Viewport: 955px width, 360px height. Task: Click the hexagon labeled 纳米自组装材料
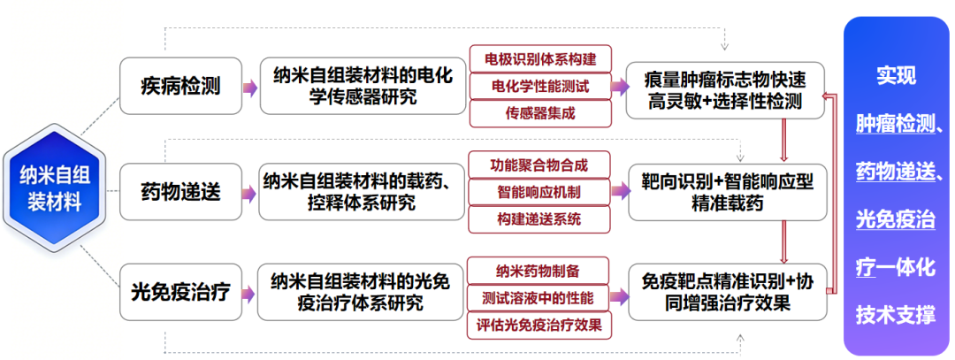50,190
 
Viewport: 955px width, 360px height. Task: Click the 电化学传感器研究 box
363,87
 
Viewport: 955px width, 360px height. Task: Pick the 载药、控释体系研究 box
363,191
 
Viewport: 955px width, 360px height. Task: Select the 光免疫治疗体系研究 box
363,291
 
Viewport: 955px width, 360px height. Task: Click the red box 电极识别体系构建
540,59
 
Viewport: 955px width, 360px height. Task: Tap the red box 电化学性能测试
540,87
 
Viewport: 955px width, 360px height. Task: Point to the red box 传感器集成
540,113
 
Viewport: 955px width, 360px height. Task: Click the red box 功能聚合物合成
539,165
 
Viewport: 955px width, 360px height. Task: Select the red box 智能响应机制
539,191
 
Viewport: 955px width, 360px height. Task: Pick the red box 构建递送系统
539,218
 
